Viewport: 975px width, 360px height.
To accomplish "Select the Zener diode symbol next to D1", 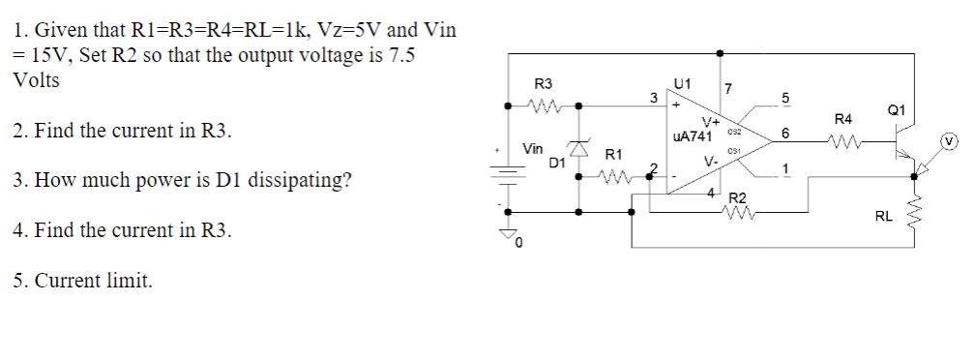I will (579, 149).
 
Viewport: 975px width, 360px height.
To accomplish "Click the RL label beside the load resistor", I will (883, 218).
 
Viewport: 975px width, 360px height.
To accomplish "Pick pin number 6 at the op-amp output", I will (785, 133).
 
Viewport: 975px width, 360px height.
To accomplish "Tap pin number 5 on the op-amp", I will (785, 98).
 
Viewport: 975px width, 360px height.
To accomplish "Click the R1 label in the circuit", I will (613, 154).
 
